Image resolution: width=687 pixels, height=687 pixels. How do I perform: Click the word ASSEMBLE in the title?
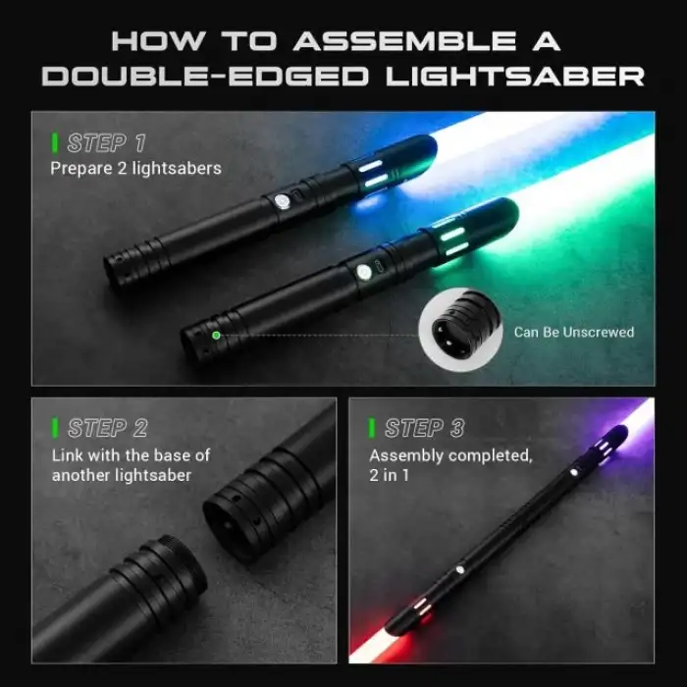404,41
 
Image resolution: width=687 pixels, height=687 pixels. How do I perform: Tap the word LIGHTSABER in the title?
515,77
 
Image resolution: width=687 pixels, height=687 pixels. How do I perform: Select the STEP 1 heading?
106,143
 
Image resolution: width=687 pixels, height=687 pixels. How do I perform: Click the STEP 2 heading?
107,428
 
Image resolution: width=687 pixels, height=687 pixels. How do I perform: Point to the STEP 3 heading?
424,428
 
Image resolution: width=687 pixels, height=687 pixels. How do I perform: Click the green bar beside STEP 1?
55,143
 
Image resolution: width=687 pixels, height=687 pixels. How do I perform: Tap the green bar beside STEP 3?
372,428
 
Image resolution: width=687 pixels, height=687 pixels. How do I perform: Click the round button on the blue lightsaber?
283,202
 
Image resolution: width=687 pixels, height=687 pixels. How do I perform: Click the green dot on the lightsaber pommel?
216,336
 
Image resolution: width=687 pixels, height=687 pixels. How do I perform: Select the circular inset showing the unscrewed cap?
460,330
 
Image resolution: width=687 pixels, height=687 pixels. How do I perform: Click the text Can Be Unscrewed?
574,332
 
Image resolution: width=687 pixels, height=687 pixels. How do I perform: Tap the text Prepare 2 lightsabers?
135,168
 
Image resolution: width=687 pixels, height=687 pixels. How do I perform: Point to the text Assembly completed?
450,456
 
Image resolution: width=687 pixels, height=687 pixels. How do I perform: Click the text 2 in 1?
389,475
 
